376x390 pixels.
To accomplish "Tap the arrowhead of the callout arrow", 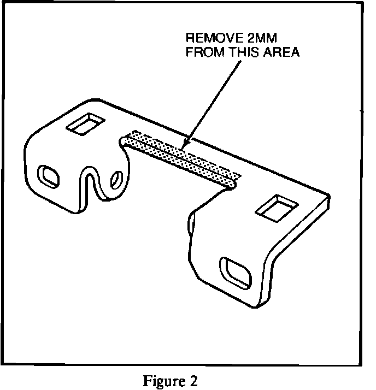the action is (x=182, y=147).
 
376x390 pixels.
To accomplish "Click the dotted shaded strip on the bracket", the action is (x=180, y=158).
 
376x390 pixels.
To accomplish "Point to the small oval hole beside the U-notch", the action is (x=116, y=179).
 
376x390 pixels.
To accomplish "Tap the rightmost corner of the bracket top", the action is (x=330, y=197).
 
